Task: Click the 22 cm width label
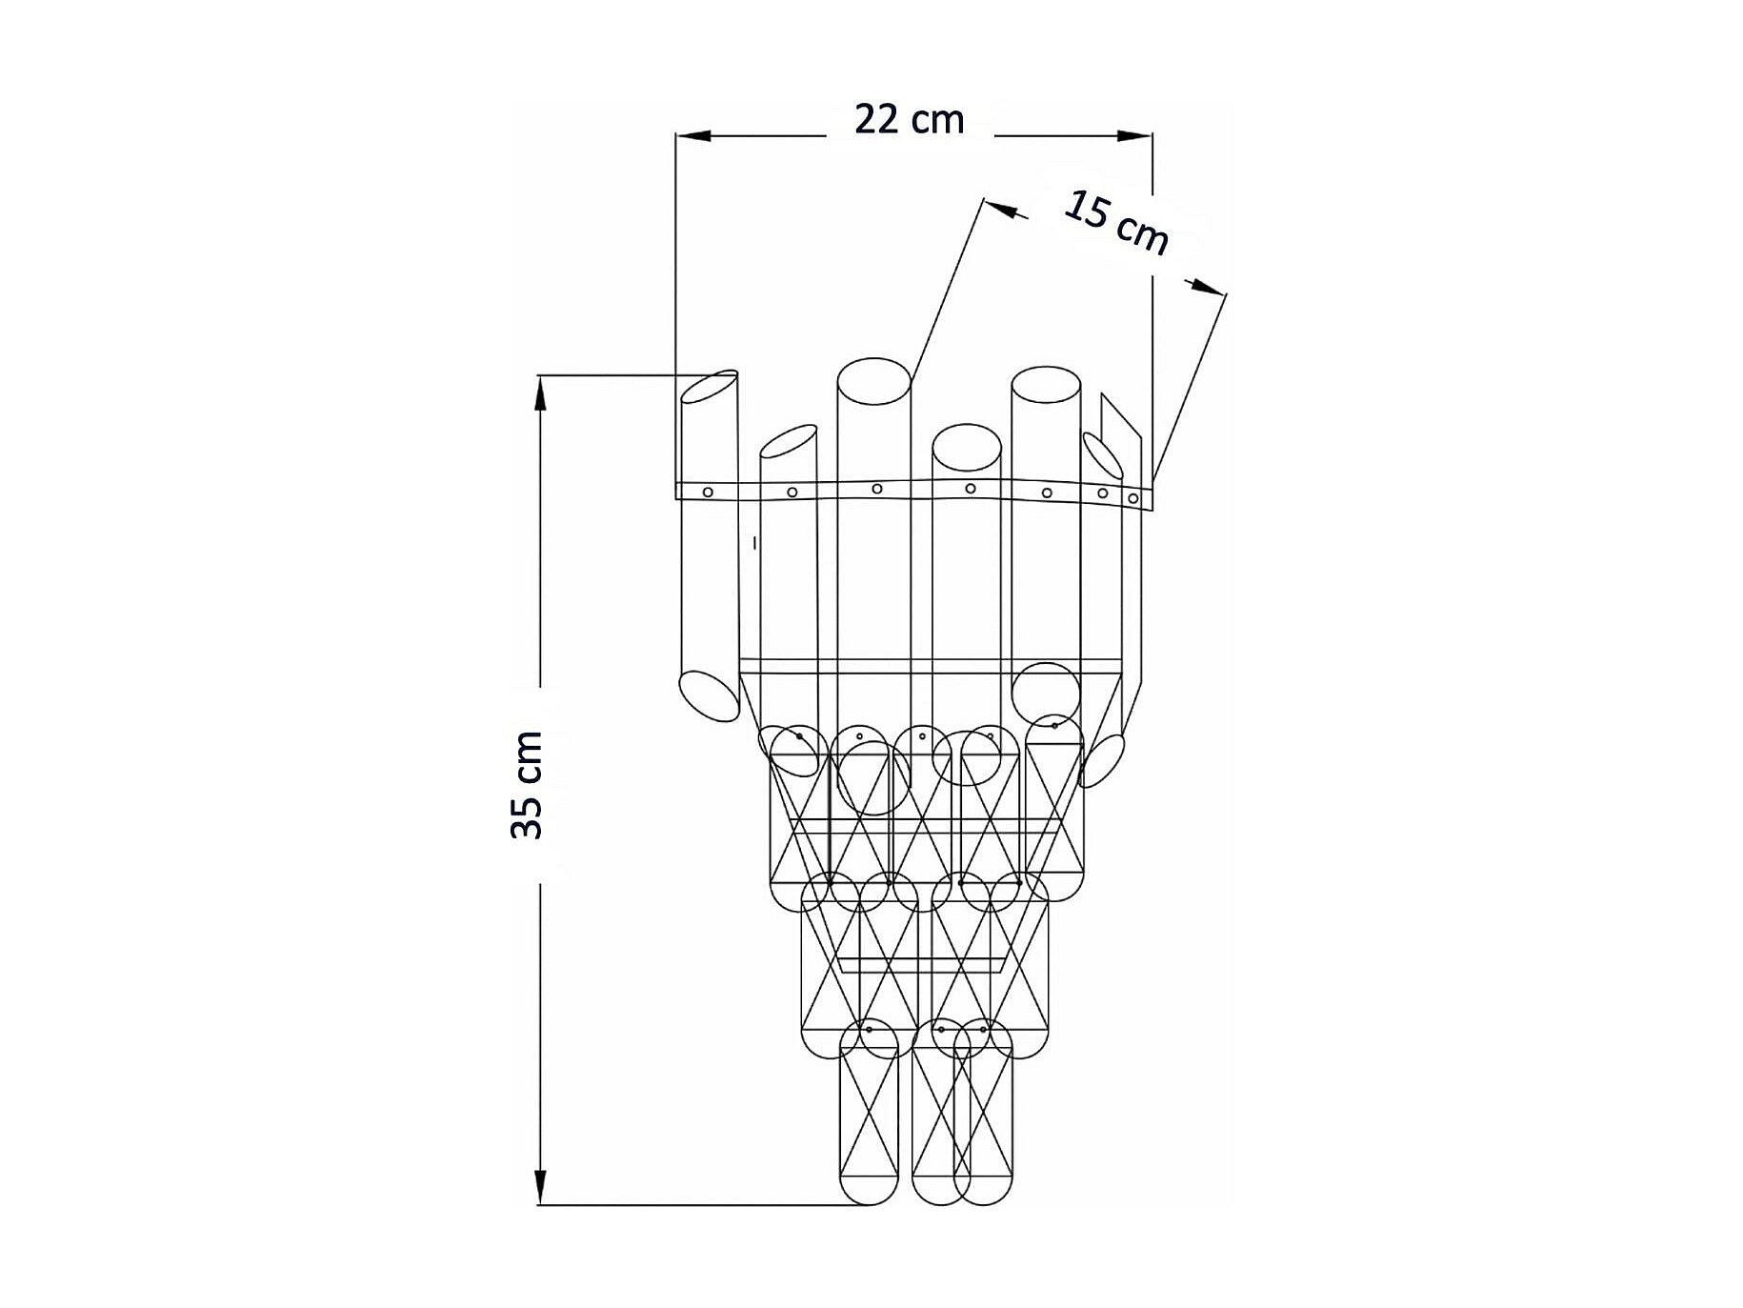pos(909,120)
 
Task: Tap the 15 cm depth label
pos(1115,223)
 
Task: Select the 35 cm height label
pos(527,785)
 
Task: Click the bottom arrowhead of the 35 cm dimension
pos(540,1187)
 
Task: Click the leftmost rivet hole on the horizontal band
pos(708,492)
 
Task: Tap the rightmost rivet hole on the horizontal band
pos(1133,498)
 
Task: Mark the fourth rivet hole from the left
pos(971,489)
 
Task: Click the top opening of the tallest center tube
pos(873,382)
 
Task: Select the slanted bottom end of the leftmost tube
pos(709,695)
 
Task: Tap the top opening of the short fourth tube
pos(967,448)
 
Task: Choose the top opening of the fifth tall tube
pos(1046,389)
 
